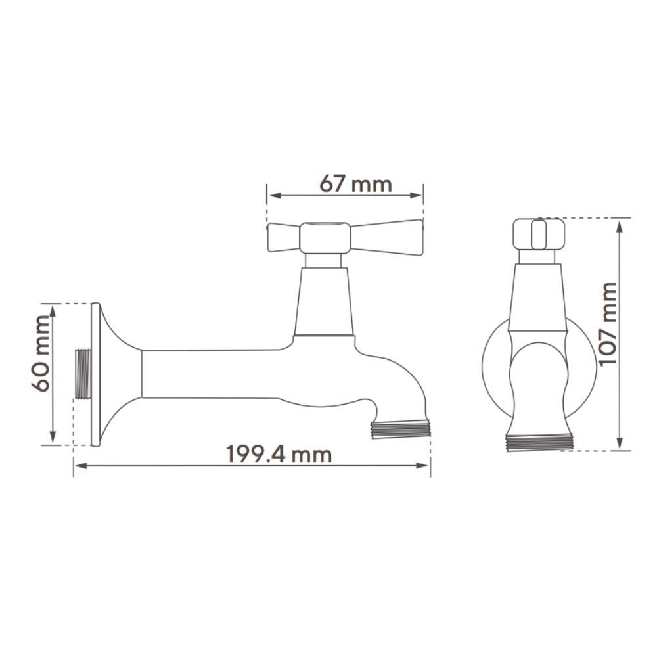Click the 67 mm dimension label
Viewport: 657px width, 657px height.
tap(355, 184)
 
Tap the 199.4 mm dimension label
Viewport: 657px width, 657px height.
tap(279, 454)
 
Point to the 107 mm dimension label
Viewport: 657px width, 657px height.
tap(608, 324)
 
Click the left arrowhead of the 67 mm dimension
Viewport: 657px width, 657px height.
tap(275, 195)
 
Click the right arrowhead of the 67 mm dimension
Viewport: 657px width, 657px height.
tap(416, 195)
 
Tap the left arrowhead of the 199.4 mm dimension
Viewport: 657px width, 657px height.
tap(80, 465)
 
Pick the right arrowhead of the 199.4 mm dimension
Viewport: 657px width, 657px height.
tap(422, 465)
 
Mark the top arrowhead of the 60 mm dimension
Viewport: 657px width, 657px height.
tap(53, 311)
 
